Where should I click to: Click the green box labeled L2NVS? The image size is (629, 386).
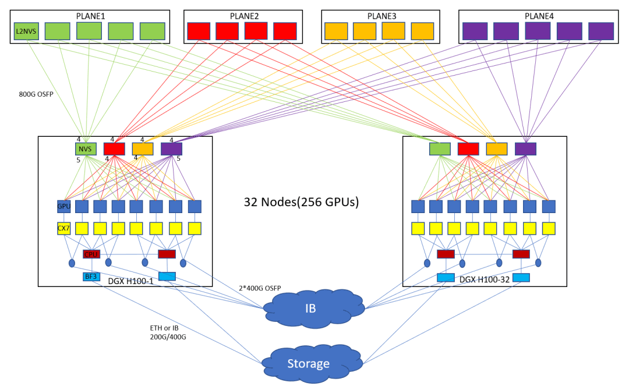point(26,31)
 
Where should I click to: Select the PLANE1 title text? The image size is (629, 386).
point(90,16)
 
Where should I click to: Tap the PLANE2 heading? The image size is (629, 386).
point(243,16)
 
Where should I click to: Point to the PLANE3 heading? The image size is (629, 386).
point(381,16)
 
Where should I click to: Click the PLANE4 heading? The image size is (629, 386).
point(539,16)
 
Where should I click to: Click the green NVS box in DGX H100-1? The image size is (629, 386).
point(86,149)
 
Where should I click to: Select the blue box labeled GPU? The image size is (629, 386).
point(63,207)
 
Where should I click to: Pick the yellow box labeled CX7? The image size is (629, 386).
point(63,228)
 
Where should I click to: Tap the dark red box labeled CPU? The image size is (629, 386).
point(91,254)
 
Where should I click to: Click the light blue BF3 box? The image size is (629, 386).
point(91,277)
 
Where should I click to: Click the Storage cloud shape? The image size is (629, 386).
point(309,364)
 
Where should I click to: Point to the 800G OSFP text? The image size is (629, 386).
point(36,93)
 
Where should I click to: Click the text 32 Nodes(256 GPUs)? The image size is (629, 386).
point(301,203)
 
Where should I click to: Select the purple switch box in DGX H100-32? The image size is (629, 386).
point(525,149)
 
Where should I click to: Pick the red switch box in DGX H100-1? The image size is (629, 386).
point(114,149)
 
